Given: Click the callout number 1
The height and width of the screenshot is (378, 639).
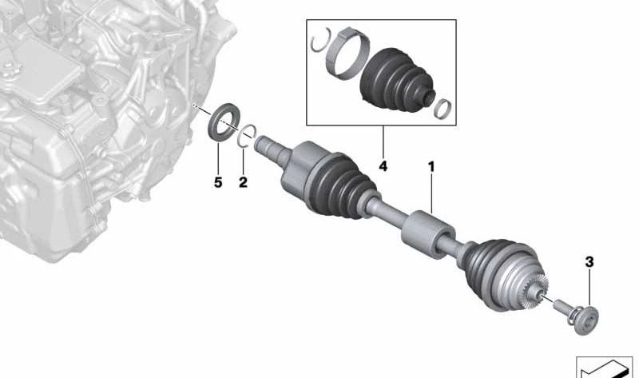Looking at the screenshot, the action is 431,166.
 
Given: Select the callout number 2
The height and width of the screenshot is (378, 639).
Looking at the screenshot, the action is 243,182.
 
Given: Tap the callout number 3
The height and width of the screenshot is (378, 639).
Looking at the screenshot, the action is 589,262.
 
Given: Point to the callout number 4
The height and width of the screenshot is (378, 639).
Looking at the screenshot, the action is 383,166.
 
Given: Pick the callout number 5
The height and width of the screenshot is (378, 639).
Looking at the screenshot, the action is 218,182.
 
